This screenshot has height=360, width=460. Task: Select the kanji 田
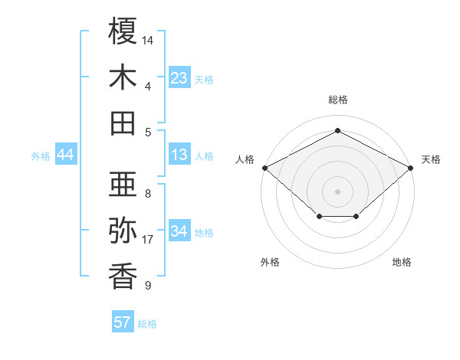pyautogui.click(x=123, y=123)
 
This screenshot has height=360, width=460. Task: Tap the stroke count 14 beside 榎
pyautogui.click(x=149, y=39)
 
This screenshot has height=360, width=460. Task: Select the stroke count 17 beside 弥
pyautogui.click(x=149, y=240)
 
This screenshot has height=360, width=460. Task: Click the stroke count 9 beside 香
pyautogui.click(x=147, y=286)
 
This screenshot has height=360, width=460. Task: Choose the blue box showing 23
pyautogui.click(x=179, y=78)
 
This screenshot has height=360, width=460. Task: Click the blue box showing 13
pyautogui.click(x=179, y=155)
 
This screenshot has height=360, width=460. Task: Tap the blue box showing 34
pyautogui.click(x=179, y=232)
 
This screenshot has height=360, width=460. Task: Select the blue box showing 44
pyautogui.click(x=66, y=155)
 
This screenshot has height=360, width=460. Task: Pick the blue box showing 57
pyautogui.click(x=123, y=322)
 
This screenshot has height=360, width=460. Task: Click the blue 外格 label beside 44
pyautogui.click(x=41, y=156)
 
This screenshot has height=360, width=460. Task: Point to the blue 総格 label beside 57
pyautogui.click(x=147, y=324)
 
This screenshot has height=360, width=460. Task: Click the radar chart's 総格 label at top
pyautogui.click(x=337, y=100)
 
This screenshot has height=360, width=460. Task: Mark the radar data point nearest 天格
pyautogui.click(x=412, y=167)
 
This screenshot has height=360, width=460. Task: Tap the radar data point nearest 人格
pyautogui.click(x=264, y=167)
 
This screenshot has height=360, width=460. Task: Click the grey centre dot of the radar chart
pyautogui.click(x=337, y=191)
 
